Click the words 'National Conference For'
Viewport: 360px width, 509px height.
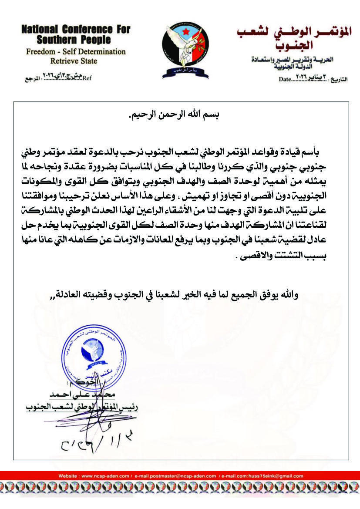[76, 30]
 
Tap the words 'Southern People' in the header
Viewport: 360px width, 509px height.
[76, 41]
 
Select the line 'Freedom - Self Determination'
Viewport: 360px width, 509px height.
[76, 52]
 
